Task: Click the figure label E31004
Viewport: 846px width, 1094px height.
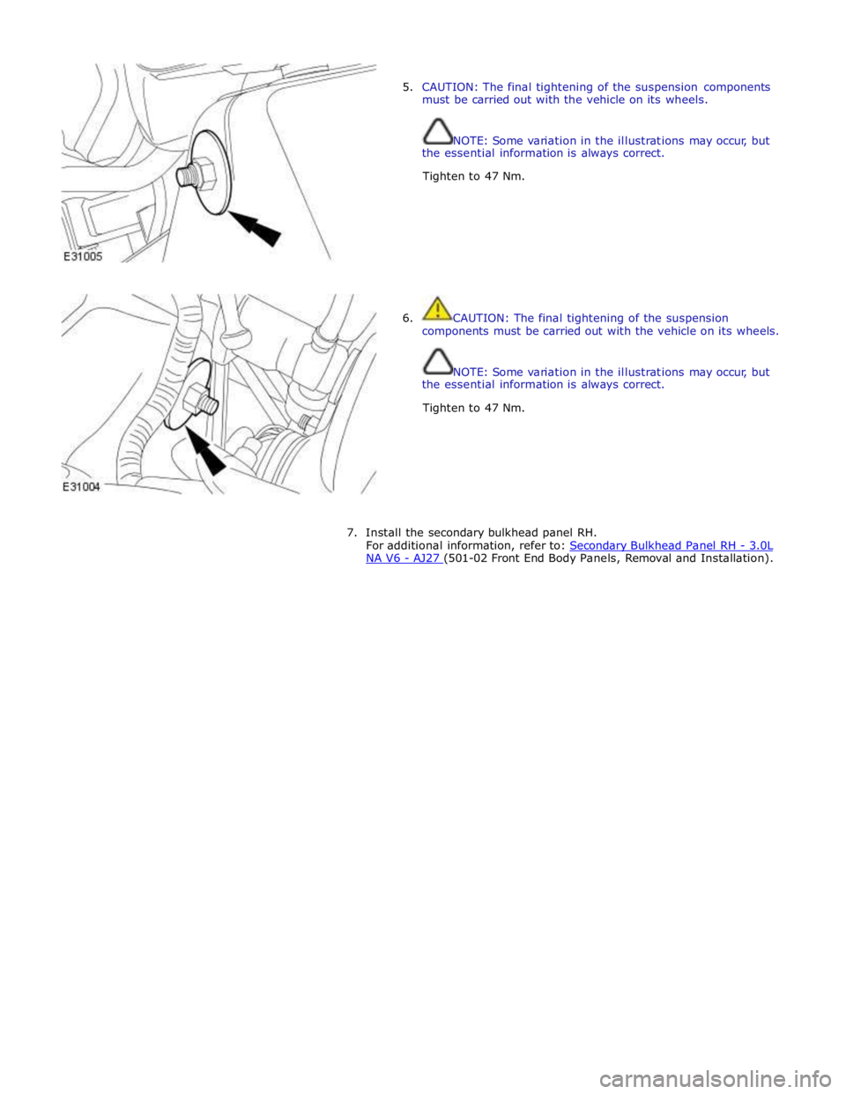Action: coord(82,487)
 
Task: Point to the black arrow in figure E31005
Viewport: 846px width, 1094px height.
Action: coord(262,230)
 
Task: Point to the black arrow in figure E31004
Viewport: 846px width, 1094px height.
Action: coord(207,457)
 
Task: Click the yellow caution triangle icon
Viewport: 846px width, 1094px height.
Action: coord(437,308)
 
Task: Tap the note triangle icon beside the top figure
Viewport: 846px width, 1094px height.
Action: coord(437,131)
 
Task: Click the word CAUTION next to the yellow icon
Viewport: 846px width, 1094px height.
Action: coord(480,317)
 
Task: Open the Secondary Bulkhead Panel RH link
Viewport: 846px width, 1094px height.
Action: coord(670,544)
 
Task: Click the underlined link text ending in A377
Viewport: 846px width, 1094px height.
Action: coord(404,558)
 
